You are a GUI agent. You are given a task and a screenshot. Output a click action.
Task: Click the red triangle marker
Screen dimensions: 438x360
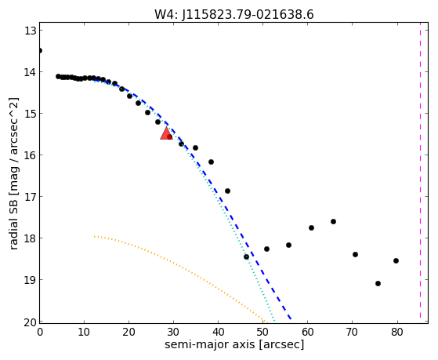[166, 133]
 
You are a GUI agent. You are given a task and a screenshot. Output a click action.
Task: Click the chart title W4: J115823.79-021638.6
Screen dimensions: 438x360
[234, 14]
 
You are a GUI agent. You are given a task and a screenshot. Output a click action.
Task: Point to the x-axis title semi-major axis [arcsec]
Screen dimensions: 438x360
[234, 344]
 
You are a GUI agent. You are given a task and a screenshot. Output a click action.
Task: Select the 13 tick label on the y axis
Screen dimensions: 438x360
[31, 31]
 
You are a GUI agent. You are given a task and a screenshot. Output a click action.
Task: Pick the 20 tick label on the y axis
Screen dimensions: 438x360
[31, 322]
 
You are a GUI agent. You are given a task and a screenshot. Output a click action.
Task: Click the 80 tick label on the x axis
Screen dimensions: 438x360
[397, 333]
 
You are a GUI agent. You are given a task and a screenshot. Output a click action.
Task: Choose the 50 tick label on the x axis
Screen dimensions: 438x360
[262, 333]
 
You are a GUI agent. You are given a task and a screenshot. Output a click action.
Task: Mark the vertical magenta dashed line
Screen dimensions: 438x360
[420, 173]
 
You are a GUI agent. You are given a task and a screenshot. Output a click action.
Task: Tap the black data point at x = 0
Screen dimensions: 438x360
[40, 51]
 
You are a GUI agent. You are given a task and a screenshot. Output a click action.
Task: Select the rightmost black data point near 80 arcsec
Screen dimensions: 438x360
[396, 260]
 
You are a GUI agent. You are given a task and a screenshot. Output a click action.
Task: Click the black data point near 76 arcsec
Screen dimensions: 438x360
[378, 283]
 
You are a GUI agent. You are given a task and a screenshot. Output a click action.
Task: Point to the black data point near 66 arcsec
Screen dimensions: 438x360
[333, 221]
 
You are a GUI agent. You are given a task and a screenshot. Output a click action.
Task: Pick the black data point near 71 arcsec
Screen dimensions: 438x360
[355, 255]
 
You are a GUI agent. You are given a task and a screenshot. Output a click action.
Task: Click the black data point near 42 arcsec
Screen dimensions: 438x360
[227, 191]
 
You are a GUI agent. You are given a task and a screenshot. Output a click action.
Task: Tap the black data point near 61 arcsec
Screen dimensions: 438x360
[312, 228]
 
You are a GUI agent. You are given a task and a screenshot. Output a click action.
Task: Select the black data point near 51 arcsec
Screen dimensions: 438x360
[266, 249]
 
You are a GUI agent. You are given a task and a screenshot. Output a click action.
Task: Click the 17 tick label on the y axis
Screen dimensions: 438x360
[31, 197]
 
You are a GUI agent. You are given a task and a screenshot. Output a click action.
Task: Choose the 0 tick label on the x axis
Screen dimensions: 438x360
[40, 333]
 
